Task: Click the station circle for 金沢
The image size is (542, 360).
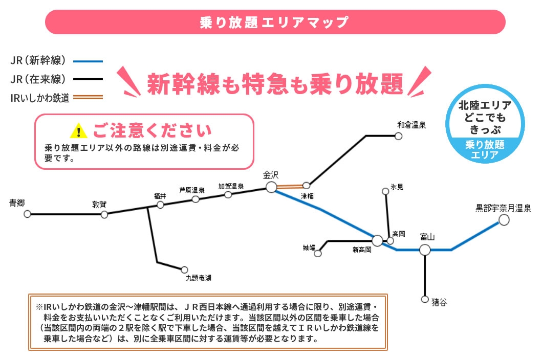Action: pos(271,187)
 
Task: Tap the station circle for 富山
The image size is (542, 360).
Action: pos(425,250)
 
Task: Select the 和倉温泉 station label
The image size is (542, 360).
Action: pos(411,125)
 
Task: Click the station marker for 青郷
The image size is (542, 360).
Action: pos(27,214)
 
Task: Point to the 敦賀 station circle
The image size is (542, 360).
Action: pos(104,215)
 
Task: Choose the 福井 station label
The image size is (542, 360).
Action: pos(160,196)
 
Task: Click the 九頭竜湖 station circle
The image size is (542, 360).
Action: pos(185,269)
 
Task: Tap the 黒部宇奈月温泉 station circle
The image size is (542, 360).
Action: pos(504,220)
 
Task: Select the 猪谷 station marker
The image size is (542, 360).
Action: pos(425,299)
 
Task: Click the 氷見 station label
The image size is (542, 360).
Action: pos(397,187)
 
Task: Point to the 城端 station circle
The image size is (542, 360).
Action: pos(318,253)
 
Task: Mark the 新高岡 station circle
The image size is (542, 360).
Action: pos(378,240)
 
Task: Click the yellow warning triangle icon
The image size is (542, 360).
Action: pos(78,131)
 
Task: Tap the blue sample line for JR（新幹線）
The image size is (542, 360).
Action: pos(88,61)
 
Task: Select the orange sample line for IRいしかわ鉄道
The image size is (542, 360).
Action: pos(88,98)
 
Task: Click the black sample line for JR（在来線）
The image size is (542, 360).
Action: pos(88,79)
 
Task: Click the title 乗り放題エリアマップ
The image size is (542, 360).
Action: pos(274,22)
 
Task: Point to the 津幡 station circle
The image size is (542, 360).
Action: pos(306,186)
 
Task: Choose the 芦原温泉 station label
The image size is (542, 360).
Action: pos(192,190)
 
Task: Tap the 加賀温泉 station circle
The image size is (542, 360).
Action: pos(228,194)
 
